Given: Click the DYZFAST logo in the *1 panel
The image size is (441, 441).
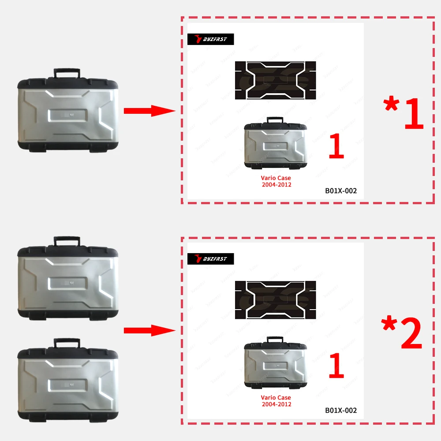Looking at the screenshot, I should pos(211,40).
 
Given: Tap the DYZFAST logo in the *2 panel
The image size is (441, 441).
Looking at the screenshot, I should pos(211,259).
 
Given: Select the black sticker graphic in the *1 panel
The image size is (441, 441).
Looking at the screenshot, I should pos(276,79).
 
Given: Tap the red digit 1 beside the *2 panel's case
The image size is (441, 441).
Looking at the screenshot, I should pos(336,366).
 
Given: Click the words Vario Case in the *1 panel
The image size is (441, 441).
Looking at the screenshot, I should pos(276,178).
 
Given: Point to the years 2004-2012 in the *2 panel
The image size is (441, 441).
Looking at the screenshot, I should pos(276,404).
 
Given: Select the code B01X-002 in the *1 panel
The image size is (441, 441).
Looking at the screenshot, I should pos(341,191).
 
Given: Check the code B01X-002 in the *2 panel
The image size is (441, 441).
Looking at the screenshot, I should pos(341,410).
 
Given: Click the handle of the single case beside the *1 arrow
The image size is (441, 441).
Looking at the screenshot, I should pos(67,72).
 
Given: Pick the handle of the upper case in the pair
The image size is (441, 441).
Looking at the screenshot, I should pos(67,241).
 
